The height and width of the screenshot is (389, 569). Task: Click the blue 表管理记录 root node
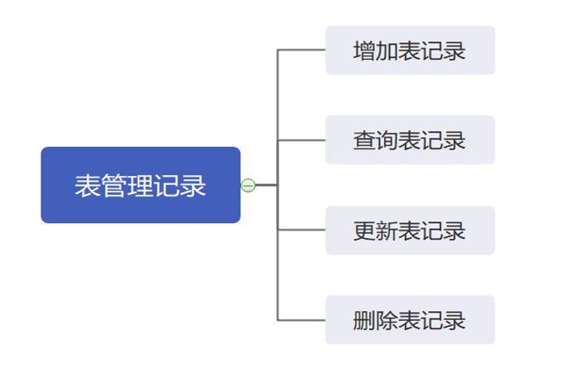pyautogui.click(x=140, y=185)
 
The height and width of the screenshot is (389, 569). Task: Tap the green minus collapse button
pyautogui.click(x=248, y=186)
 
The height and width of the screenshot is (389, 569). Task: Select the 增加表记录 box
pyautogui.click(x=410, y=50)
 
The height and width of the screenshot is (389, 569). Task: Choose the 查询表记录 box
pyautogui.click(x=410, y=140)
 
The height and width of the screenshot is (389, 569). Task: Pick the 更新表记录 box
pyautogui.click(x=410, y=230)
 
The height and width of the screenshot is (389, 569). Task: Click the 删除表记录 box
pyautogui.click(x=410, y=320)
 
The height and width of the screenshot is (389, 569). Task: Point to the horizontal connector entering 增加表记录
pyautogui.click(x=302, y=50)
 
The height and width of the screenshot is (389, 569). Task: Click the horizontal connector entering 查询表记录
pyautogui.click(x=302, y=140)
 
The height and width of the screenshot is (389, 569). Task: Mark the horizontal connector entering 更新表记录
pyautogui.click(x=302, y=230)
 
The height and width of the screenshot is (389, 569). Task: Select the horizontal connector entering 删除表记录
pyautogui.click(x=302, y=320)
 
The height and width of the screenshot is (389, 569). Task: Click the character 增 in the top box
pyautogui.click(x=364, y=51)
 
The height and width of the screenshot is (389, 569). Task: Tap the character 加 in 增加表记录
pyautogui.click(x=387, y=51)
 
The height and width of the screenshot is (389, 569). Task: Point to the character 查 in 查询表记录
pyautogui.click(x=364, y=140)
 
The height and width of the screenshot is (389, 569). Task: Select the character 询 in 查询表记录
pyautogui.click(x=387, y=140)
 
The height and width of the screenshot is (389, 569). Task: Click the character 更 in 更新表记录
pyautogui.click(x=364, y=231)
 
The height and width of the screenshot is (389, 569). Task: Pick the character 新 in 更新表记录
pyautogui.click(x=387, y=231)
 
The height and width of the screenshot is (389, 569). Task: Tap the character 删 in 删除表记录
pyautogui.click(x=364, y=320)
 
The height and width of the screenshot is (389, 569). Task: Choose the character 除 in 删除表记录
pyautogui.click(x=387, y=320)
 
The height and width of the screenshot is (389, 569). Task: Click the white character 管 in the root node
pyautogui.click(x=114, y=186)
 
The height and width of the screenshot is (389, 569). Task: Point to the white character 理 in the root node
pyautogui.click(x=140, y=186)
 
